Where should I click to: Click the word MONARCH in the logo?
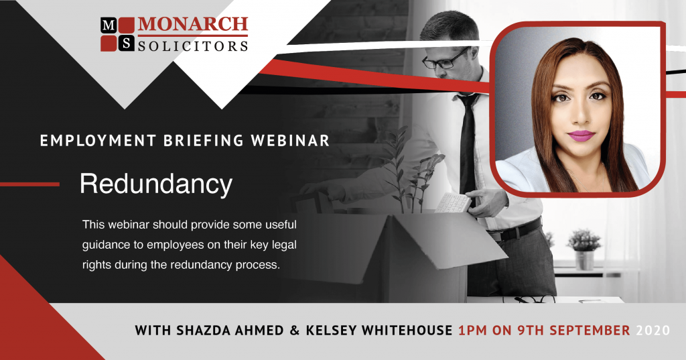click(193, 25)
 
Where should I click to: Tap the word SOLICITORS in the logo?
click(193, 46)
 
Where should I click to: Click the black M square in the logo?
click(108, 25)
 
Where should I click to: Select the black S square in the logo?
click(126, 44)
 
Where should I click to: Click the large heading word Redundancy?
click(155, 184)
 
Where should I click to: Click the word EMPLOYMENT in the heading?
click(98, 141)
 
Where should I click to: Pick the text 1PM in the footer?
click(473, 331)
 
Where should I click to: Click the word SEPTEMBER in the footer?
click(588, 331)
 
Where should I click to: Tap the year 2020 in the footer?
click(653, 331)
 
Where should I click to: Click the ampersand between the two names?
click(295, 331)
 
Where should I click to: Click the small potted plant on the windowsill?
click(584, 249)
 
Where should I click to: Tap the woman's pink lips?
click(581, 136)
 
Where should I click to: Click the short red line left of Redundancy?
click(29, 184)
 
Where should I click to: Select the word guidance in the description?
click(107, 245)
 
